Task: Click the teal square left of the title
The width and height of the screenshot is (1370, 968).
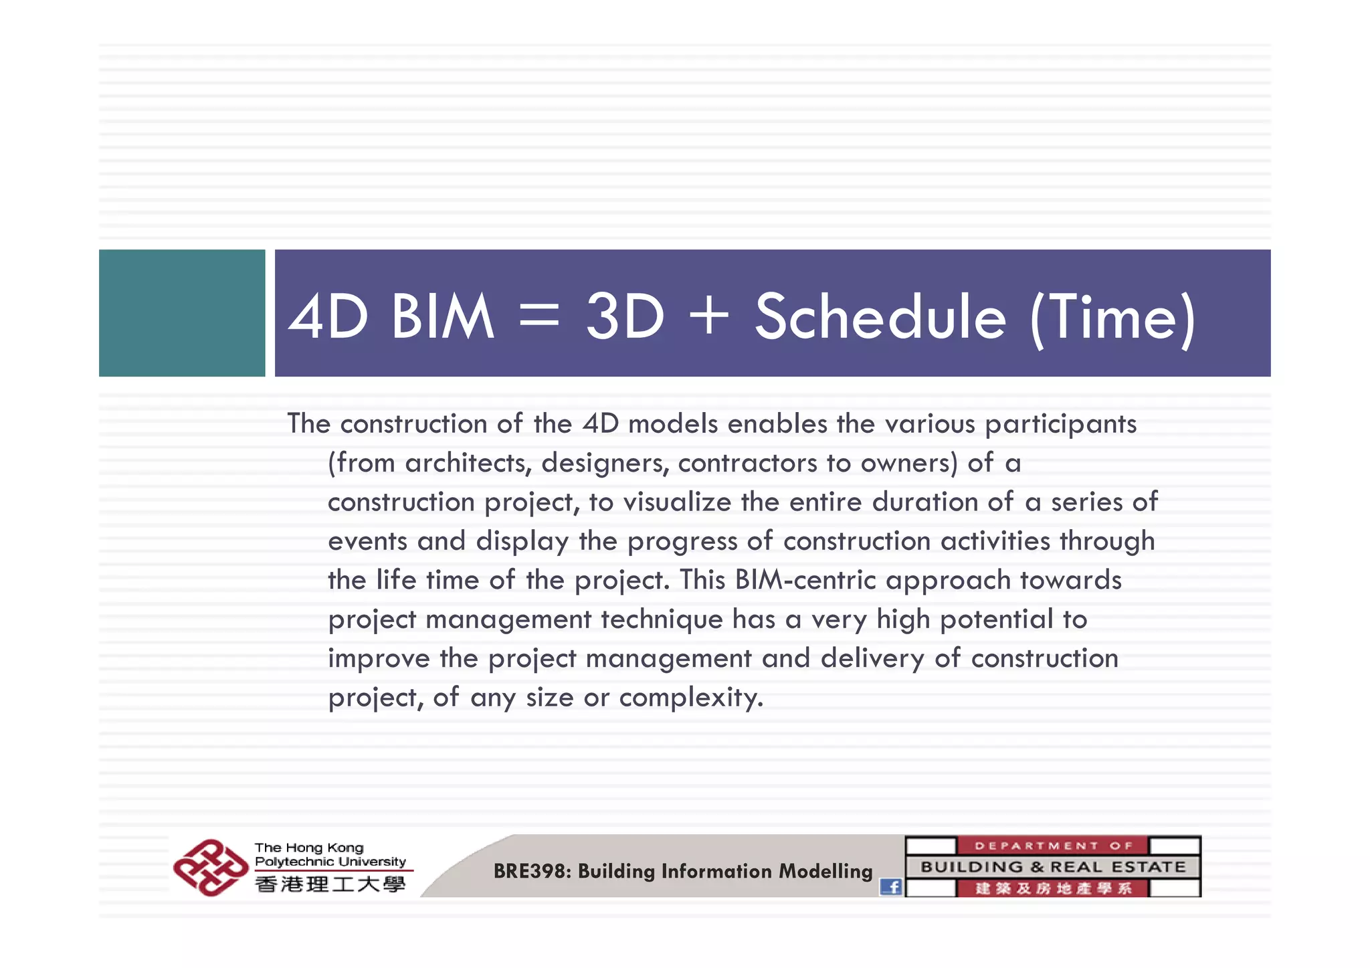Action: (x=182, y=312)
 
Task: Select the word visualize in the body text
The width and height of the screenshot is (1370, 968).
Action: (x=677, y=502)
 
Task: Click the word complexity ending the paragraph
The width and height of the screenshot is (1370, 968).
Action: (x=690, y=698)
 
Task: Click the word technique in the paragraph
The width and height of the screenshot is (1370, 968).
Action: (x=661, y=619)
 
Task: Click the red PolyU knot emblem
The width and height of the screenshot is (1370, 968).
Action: (x=210, y=867)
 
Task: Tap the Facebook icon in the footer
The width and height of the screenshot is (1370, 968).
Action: (x=890, y=887)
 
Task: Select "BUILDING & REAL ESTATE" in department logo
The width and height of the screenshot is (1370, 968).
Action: (x=1053, y=867)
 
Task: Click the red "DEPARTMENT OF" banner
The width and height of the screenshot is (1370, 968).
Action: (x=1053, y=846)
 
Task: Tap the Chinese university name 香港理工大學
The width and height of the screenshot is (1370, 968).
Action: (x=330, y=884)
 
